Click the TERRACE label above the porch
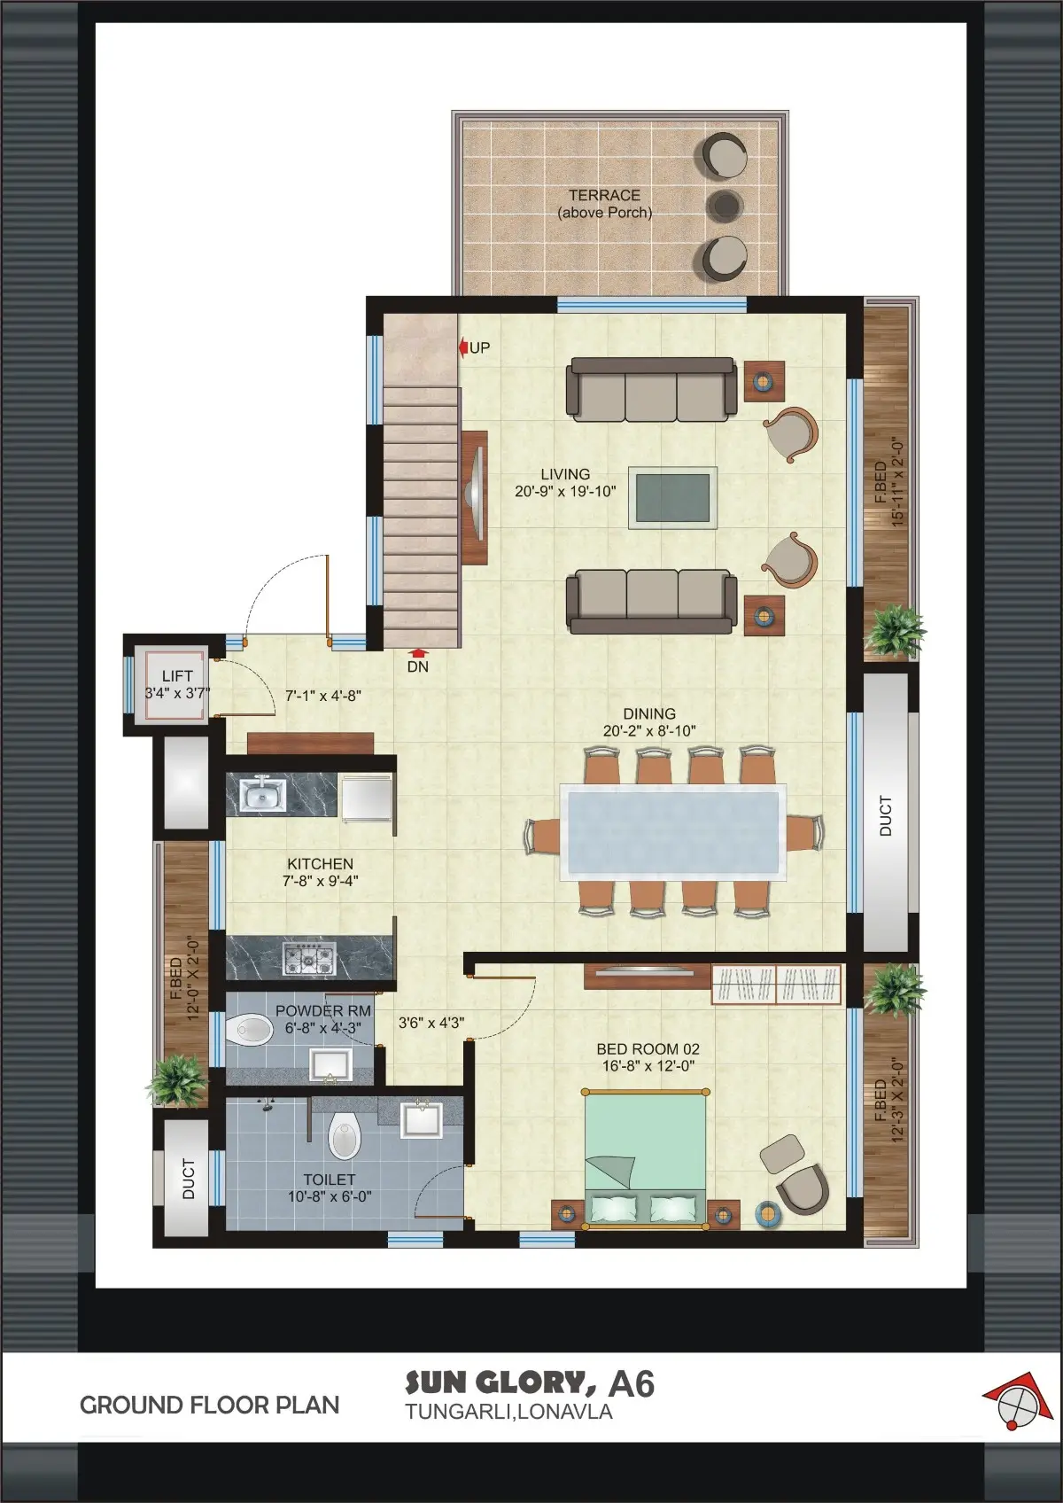[604, 195]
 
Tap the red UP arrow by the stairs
[462, 347]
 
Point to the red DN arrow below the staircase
[418, 652]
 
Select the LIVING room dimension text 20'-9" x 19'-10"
[564, 491]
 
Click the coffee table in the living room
[672, 497]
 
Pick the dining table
[673, 832]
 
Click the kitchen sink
[262, 794]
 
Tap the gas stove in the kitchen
[309, 957]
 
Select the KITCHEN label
[320, 863]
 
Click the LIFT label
[177, 675]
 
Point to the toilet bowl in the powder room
[249, 1029]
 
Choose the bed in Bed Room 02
[645, 1159]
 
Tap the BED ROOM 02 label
[648, 1048]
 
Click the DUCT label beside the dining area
[885, 816]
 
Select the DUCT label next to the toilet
[189, 1179]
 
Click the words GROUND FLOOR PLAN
[209, 1405]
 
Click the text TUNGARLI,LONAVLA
[509, 1412]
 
